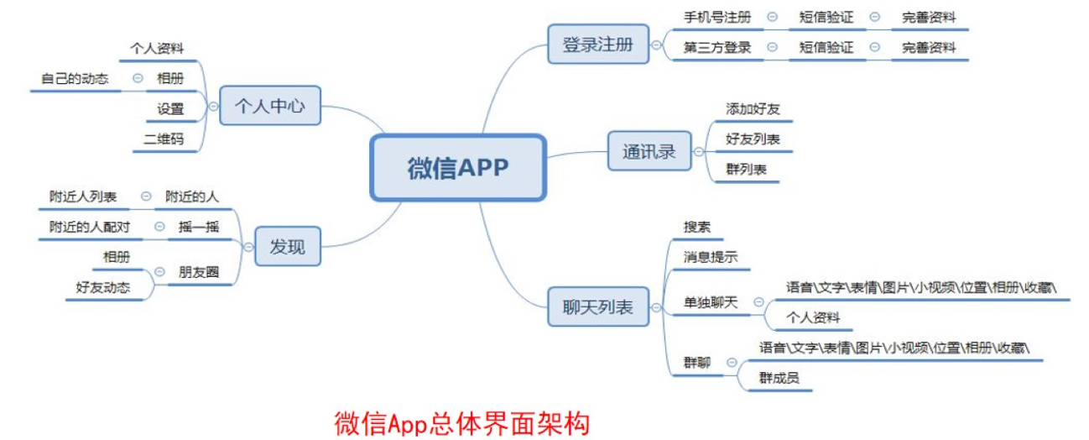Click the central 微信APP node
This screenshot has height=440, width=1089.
(458, 167)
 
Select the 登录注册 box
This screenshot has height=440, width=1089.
(597, 44)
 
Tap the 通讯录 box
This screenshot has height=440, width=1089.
(649, 152)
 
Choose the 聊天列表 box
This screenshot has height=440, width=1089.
(597, 306)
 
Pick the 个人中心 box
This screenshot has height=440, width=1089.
(269, 107)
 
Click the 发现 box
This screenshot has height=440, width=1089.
(287, 247)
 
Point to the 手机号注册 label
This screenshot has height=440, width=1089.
(717, 17)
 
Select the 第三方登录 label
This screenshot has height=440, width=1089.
(717, 48)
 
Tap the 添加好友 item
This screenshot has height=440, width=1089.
(753, 108)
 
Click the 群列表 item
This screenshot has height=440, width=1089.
(747, 169)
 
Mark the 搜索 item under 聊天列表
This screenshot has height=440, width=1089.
(698, 227)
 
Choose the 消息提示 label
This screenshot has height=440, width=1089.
(711, 257)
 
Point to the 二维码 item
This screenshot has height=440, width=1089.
(169, 139)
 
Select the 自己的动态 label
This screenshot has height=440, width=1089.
(75, 79)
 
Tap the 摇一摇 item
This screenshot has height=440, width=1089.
(199, 227)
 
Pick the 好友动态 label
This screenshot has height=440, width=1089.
(103, 286)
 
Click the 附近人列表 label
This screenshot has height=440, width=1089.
(83, 196)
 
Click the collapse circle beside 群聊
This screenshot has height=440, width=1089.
(732, 363)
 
